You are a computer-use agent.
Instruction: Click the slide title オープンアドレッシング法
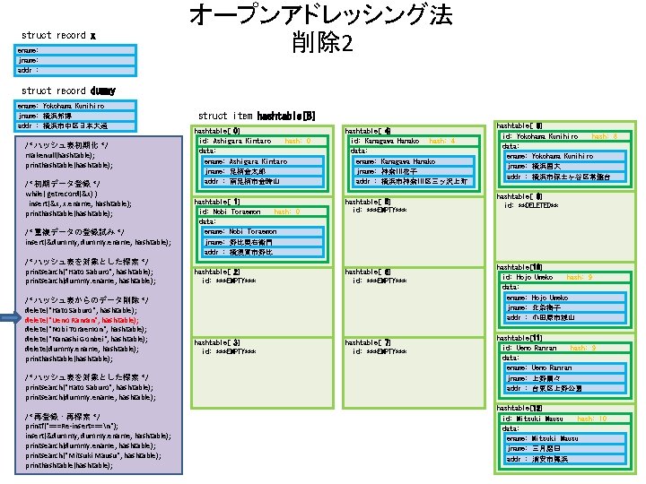coord(320,16)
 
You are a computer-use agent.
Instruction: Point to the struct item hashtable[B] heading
coord(256,116)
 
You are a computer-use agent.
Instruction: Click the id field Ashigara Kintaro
coord(235,142)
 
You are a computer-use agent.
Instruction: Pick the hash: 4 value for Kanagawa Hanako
coord(442,142)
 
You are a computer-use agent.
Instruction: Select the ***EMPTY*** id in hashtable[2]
coord(229,281)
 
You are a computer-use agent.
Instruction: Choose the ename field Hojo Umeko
coord(537,298)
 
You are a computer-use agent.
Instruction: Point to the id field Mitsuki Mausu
coord(533,419)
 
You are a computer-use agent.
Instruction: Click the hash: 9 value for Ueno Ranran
coord(582,348)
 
